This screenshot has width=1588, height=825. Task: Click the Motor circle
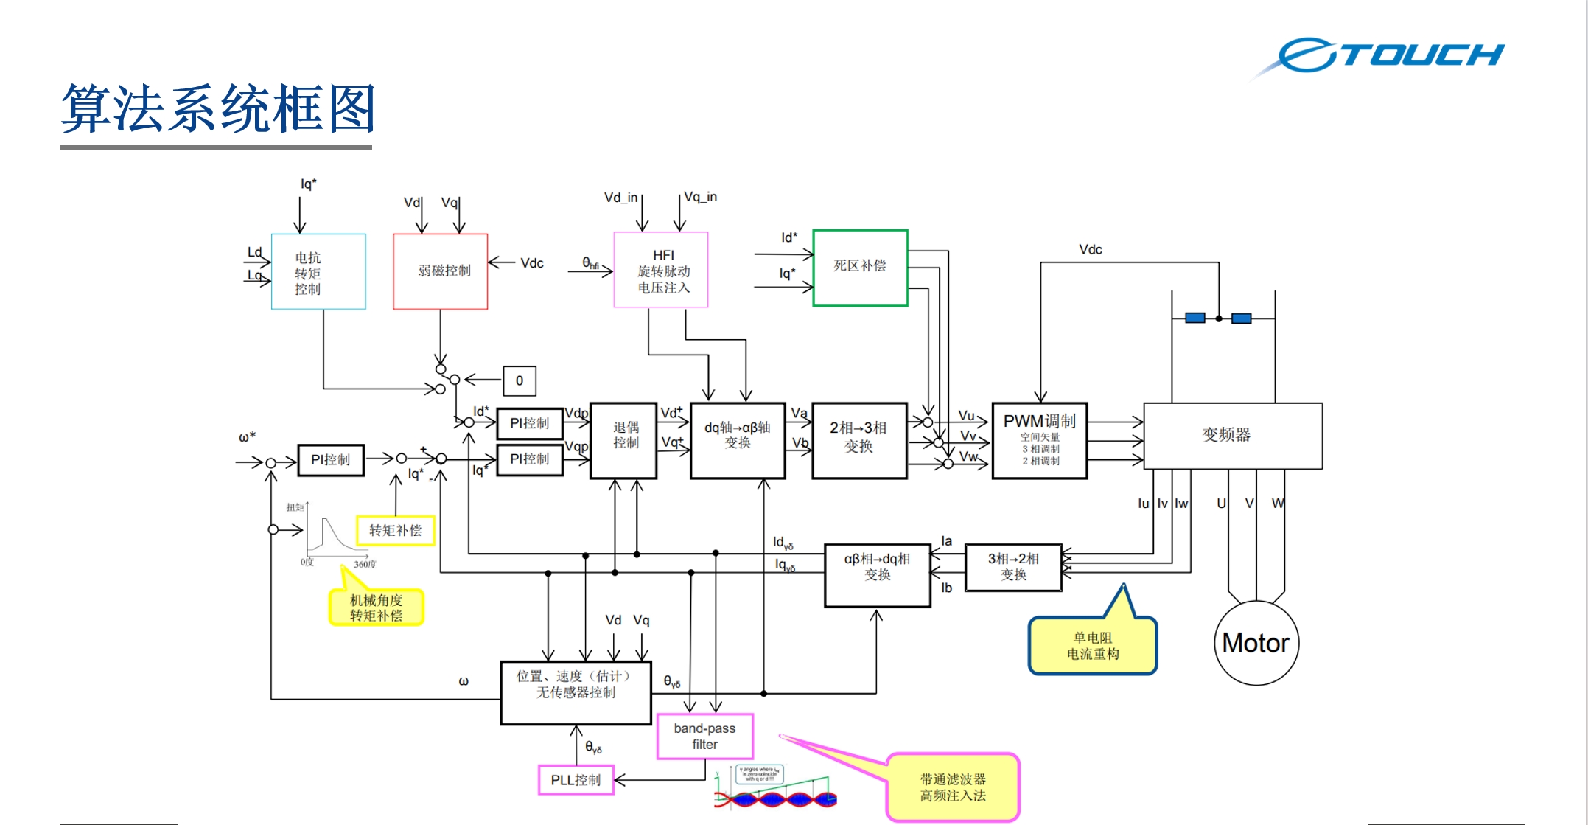pos(1256,643)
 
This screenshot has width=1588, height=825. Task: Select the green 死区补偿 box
pos(860,267)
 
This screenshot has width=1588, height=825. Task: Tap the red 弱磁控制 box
pos(441,271)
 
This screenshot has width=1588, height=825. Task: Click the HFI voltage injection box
pos(661,270)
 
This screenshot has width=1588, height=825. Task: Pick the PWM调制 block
pos(1039,440)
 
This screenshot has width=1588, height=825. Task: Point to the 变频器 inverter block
pos(1232,435)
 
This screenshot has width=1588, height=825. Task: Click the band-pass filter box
pos(704,736)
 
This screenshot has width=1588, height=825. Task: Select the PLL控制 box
pos(576,780)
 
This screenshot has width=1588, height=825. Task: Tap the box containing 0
pos(520,380)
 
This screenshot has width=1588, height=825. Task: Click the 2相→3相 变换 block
pos(859,440)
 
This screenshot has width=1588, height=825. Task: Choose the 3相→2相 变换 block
pos(1013,567)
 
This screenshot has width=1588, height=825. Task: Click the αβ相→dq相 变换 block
pos(877,575)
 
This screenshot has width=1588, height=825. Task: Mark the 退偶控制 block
pos(623,440)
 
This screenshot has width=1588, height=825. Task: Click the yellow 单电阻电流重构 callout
pos(1093,647)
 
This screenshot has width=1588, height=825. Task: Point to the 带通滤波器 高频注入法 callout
pos(952,787)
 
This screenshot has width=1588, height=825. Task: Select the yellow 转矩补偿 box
pos(396,530)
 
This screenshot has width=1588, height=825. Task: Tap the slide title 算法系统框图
pos(218,109)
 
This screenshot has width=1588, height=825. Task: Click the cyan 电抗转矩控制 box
pos(318,272)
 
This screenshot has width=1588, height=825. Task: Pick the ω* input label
pos(248,437)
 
